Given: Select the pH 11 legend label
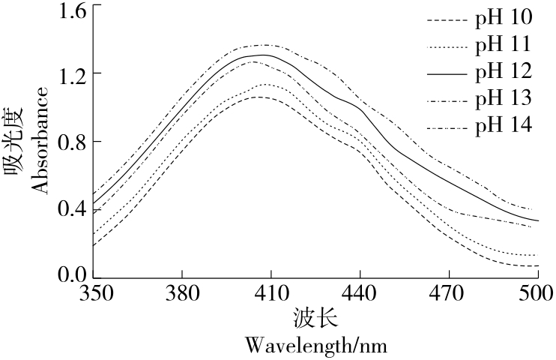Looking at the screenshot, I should click(504, 45).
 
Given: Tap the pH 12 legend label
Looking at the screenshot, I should click(504, 71).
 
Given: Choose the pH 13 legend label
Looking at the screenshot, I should click(504, 97).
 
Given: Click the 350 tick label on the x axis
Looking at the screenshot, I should click(92, 292).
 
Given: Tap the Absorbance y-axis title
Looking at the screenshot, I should click(42, 140).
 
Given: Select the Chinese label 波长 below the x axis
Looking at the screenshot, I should click(315, 319).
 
